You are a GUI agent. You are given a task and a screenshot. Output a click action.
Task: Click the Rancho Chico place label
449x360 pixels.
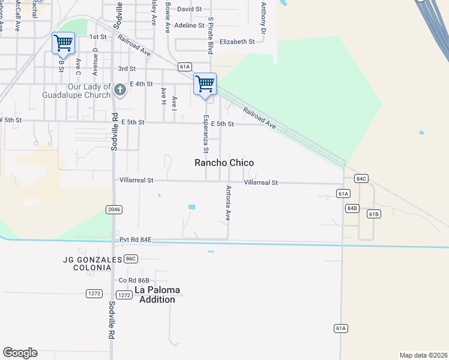[224, 163]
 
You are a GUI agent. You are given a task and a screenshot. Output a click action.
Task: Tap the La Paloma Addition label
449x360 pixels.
[157, 295]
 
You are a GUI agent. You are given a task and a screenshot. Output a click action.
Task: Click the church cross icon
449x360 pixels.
[120, 91]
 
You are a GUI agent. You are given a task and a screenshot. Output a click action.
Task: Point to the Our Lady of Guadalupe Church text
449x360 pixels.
[76, 91]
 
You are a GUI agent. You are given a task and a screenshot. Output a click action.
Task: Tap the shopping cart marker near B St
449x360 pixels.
[63, 44]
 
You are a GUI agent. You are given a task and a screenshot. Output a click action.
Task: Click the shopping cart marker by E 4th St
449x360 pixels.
[205, 85]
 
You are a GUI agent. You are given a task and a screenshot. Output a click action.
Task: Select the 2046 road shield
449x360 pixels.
[113, 209]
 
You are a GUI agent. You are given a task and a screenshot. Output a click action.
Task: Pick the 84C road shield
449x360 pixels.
[361, 179]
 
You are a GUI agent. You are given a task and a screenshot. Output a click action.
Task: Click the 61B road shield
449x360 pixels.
[374, 214]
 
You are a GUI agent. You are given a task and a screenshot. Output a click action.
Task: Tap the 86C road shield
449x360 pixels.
[131, 259]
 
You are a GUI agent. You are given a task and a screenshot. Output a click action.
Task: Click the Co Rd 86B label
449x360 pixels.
[134, 280]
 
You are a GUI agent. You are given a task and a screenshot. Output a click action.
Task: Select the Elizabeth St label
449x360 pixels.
[237, 42]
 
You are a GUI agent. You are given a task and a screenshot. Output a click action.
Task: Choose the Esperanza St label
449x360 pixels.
[205, 134]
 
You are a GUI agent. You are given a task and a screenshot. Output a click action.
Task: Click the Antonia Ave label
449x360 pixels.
[228, 203]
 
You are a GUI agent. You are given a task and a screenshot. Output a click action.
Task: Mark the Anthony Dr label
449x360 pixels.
[263, 17]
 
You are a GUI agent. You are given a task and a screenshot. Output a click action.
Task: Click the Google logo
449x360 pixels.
[20, 353]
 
